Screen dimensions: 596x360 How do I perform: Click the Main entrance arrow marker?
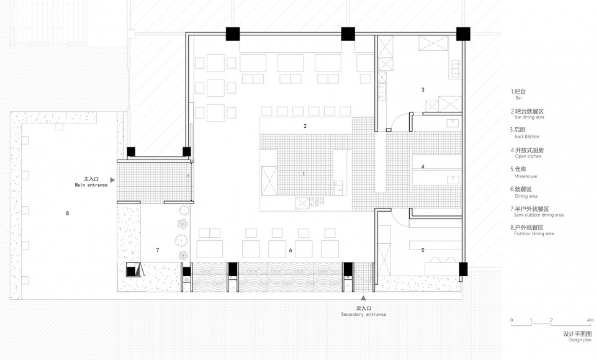(x=112, y=180)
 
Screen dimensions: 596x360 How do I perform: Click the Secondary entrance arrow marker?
(x=363, y=299)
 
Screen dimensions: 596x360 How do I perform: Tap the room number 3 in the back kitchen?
(x=423, y=90)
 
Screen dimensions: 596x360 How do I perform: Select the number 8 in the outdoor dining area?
(x=67, y=213)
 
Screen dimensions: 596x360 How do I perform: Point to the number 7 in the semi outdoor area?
(x=158, y=250)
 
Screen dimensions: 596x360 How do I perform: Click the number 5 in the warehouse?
(x=423, y=250)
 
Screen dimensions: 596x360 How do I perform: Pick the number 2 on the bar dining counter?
(x=305, y=126)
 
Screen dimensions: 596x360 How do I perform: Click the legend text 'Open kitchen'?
(x=528, y=156)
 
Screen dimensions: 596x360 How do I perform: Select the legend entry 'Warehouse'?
(x=526, y=176)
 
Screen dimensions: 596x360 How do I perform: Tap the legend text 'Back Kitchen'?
(x=527, y=137)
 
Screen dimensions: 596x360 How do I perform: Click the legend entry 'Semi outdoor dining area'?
(x=539, y=215)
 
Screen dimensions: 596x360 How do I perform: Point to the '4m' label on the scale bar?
(x=590, y=320)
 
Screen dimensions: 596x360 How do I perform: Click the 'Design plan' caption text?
(x=580, y=340)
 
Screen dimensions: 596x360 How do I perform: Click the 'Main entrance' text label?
(x=91, y=185)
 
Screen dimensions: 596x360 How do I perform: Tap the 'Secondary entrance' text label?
(x=363, y=315)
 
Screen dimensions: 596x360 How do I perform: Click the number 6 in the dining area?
(x=291, y=250)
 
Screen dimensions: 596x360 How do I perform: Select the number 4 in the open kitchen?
(x=423, y=166)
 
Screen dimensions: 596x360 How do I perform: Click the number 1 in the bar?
(x=304, y=174)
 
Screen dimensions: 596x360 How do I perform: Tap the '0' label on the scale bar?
(x=512, y=320)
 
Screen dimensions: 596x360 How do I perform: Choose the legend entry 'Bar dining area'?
(x=530, y=117)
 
